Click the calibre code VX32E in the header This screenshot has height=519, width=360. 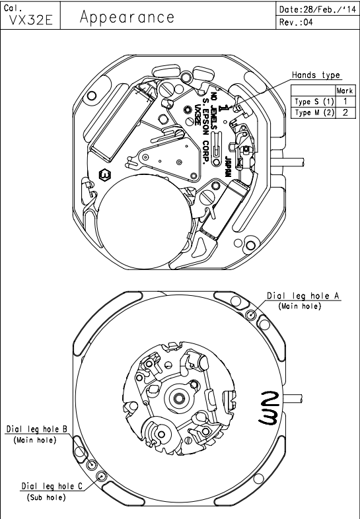tap(30, 20)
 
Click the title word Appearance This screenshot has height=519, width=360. tap(127, 17)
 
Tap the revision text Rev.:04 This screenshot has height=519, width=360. tap(296, 22)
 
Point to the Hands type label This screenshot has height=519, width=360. tap(316, 75)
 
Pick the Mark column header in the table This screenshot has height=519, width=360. tap(344, 90)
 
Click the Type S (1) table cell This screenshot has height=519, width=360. tap(314, 101)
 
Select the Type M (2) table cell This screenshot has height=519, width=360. tap(314, 112)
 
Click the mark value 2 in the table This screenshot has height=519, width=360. tap(345, 112)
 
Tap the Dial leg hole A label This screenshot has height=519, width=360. tap(303, 296)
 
